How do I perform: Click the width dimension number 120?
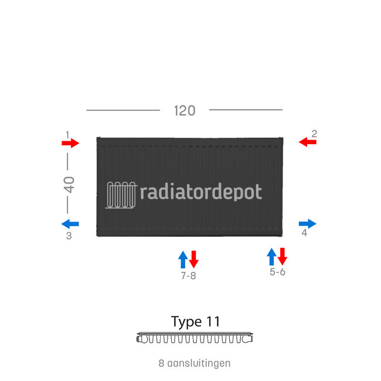pos(184,110)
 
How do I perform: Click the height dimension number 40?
pos(69,185)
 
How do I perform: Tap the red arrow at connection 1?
pos(70,143)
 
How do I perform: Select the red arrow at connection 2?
pos(307,142)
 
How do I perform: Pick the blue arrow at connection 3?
pos(70,223)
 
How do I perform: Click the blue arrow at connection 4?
pos(307,223)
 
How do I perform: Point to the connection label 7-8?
pos(188,275)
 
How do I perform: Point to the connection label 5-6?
pos(277,273)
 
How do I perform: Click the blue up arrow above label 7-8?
pos(183,259)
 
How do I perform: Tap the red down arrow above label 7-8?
pos(194,259)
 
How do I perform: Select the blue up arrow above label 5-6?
pos(271,256)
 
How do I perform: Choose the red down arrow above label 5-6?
pos(283,256)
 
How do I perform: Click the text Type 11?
pos(195,322)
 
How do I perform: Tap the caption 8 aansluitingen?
pos(195,363)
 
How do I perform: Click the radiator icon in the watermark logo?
pos(121,195)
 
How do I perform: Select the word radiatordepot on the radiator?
pos(202,192)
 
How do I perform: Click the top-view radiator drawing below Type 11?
pos(195,338)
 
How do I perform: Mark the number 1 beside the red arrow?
pos(67,135)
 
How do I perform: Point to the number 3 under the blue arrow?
pos(69,236)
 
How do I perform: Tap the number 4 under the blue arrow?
pos(304,233)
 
